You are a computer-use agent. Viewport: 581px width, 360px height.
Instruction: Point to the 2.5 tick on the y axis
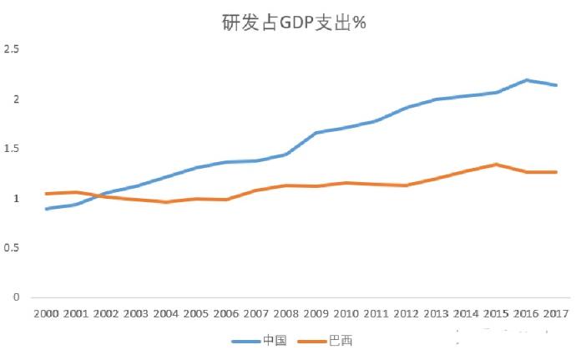click(12, 50)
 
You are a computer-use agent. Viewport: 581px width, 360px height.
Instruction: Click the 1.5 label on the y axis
click(12, 149)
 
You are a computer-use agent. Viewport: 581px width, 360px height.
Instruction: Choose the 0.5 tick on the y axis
click(12, 248)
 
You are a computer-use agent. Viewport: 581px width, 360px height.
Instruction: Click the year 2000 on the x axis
click(45, 314)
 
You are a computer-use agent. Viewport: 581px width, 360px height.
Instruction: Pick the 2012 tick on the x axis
click(407, 314)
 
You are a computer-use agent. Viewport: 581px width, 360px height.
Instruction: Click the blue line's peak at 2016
click(526, 80)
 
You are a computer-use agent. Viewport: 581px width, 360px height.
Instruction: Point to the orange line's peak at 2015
click(496, 165)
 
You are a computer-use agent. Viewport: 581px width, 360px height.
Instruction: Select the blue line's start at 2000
click(46, 209)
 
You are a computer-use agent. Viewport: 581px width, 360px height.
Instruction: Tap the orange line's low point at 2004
click(166, 202)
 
